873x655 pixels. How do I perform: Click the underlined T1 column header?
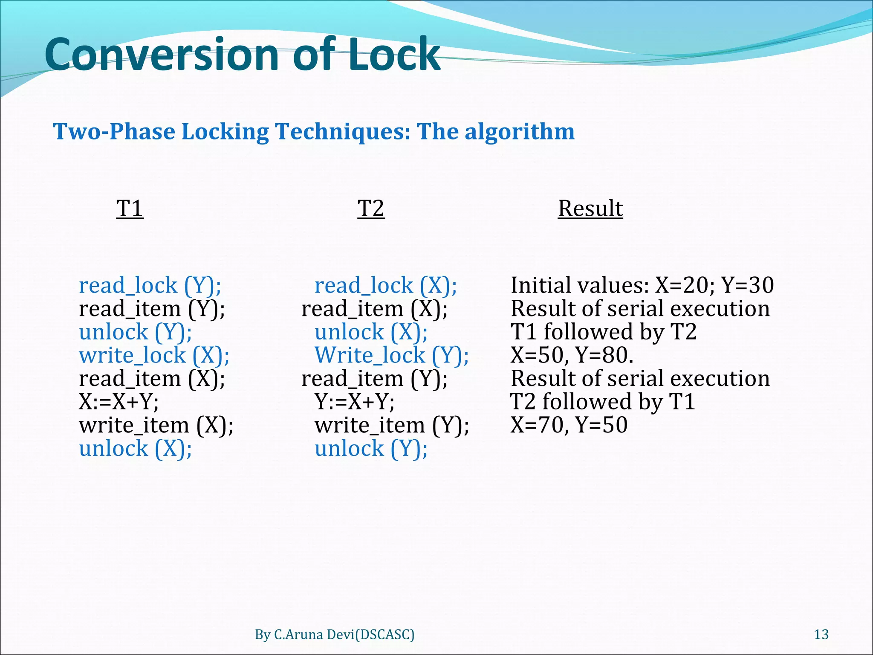coord(130,209)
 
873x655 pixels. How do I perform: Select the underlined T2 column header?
coord(371,209)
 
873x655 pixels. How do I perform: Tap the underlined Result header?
coord(590,209)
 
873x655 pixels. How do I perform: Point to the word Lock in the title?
coord(394,55)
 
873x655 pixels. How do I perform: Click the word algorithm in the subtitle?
coord(519,131)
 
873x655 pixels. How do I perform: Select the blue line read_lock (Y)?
coord(150,285)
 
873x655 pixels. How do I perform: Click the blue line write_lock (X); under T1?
coord(154,355)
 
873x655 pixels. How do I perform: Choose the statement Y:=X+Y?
coord(354,402)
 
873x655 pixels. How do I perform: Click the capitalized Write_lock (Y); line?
coord(391,355)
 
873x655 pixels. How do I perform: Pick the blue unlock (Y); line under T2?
coord(371,449)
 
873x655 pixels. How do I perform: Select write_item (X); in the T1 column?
coord(156,425)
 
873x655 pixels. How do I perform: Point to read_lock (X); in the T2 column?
coord(385,285)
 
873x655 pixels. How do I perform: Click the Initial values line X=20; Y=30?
coord(642,285)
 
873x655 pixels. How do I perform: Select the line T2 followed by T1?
coord(603,402)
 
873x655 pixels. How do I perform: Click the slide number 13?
coord(821,635)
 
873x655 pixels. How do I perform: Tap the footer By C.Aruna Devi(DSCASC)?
coord(335,635)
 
